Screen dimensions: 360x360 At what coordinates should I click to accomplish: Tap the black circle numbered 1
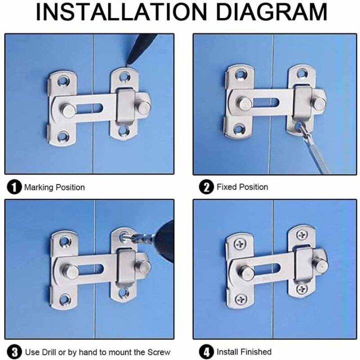(14, 187)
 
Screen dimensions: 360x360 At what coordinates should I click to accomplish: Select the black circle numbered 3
(14, 352)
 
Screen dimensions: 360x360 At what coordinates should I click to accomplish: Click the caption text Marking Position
(54, 187)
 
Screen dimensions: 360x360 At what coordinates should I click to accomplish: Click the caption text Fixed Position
(242, 187)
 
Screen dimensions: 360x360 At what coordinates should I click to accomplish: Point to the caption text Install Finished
(244, 352)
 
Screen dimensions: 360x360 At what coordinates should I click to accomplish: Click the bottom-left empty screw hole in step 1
(63, 135)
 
